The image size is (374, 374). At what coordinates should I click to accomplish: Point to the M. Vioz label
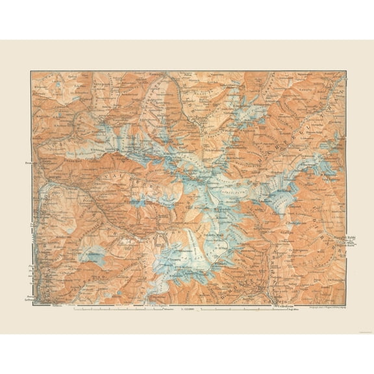[x=225, y=246]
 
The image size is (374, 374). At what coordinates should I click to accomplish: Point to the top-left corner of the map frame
[x=31, y=71]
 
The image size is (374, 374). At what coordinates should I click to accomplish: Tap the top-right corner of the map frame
[x=344, y=71]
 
